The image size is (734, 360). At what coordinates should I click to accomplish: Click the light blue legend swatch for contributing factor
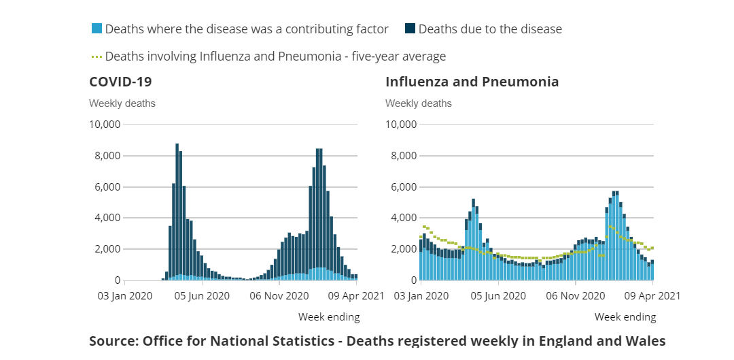coord(97,29)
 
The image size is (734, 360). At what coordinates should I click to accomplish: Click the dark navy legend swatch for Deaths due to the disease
coord(410,29)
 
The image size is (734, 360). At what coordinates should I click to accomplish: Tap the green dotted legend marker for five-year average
coord(97,56)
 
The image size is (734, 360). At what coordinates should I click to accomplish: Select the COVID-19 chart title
coord(120,82)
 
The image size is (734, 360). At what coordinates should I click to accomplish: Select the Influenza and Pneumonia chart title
coord(472,82)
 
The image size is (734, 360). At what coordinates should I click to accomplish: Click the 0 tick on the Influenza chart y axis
coord(413,280)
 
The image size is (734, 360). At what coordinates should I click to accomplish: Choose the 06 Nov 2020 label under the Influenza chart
coord(575,296)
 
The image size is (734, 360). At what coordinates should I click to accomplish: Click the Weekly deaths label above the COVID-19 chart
coord(122,103)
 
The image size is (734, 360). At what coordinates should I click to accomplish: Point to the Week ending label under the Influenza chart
coord(625,317)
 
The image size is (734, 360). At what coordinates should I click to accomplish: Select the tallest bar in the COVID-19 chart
coord(177,211)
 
